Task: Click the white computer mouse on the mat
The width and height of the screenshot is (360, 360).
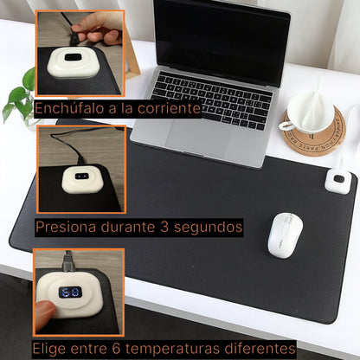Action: pos(284,234)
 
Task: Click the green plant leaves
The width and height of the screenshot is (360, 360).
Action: pos(19,97)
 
